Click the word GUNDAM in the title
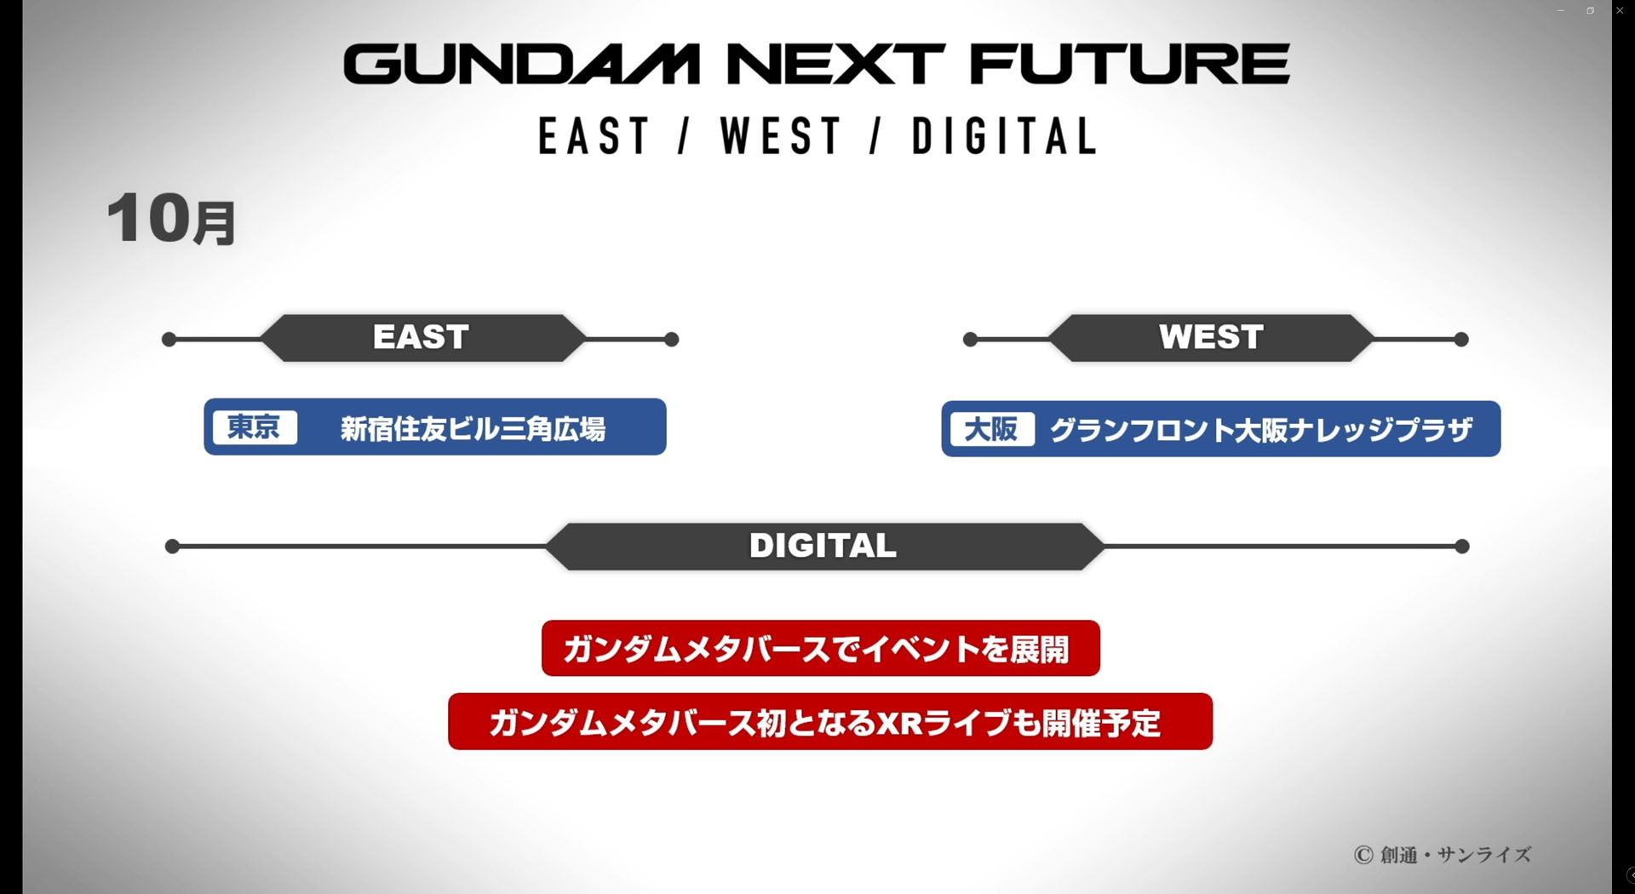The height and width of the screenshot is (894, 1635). click(x=521, y=65)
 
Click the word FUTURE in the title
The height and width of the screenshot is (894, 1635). click(x=1129, y=65)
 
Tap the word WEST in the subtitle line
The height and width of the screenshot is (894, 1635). click(x=781, y=136)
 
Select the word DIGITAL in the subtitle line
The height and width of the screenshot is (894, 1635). click(x=1005, y=136)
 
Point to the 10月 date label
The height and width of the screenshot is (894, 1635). click(x=171, y=219)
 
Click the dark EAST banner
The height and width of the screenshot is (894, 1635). click(x=422, y=338)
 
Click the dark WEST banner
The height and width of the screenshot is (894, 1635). click(x=1211, y=338)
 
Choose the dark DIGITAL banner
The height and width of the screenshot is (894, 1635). click(x=823, y=546)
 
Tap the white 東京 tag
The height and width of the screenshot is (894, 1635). click(x=254, y=427)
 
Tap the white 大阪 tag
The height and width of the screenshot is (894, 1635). click(x=991, y=429)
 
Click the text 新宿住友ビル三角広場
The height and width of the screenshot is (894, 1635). click(x=473, y=428)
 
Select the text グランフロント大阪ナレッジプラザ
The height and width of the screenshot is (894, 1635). click(x=1261, y=430)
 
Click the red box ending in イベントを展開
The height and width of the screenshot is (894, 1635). click(x=820, y=649)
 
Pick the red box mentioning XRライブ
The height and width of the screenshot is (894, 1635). click(x=829, y=722)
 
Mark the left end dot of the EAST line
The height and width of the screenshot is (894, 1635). click(x=169, y=340)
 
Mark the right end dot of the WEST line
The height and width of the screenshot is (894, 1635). click(x=1461, y=340)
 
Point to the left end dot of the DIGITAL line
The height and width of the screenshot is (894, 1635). click(x=172, y=547)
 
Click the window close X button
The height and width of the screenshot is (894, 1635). click(x=1620, y=10)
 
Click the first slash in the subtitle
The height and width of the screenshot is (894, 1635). click(x=684, y=136)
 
